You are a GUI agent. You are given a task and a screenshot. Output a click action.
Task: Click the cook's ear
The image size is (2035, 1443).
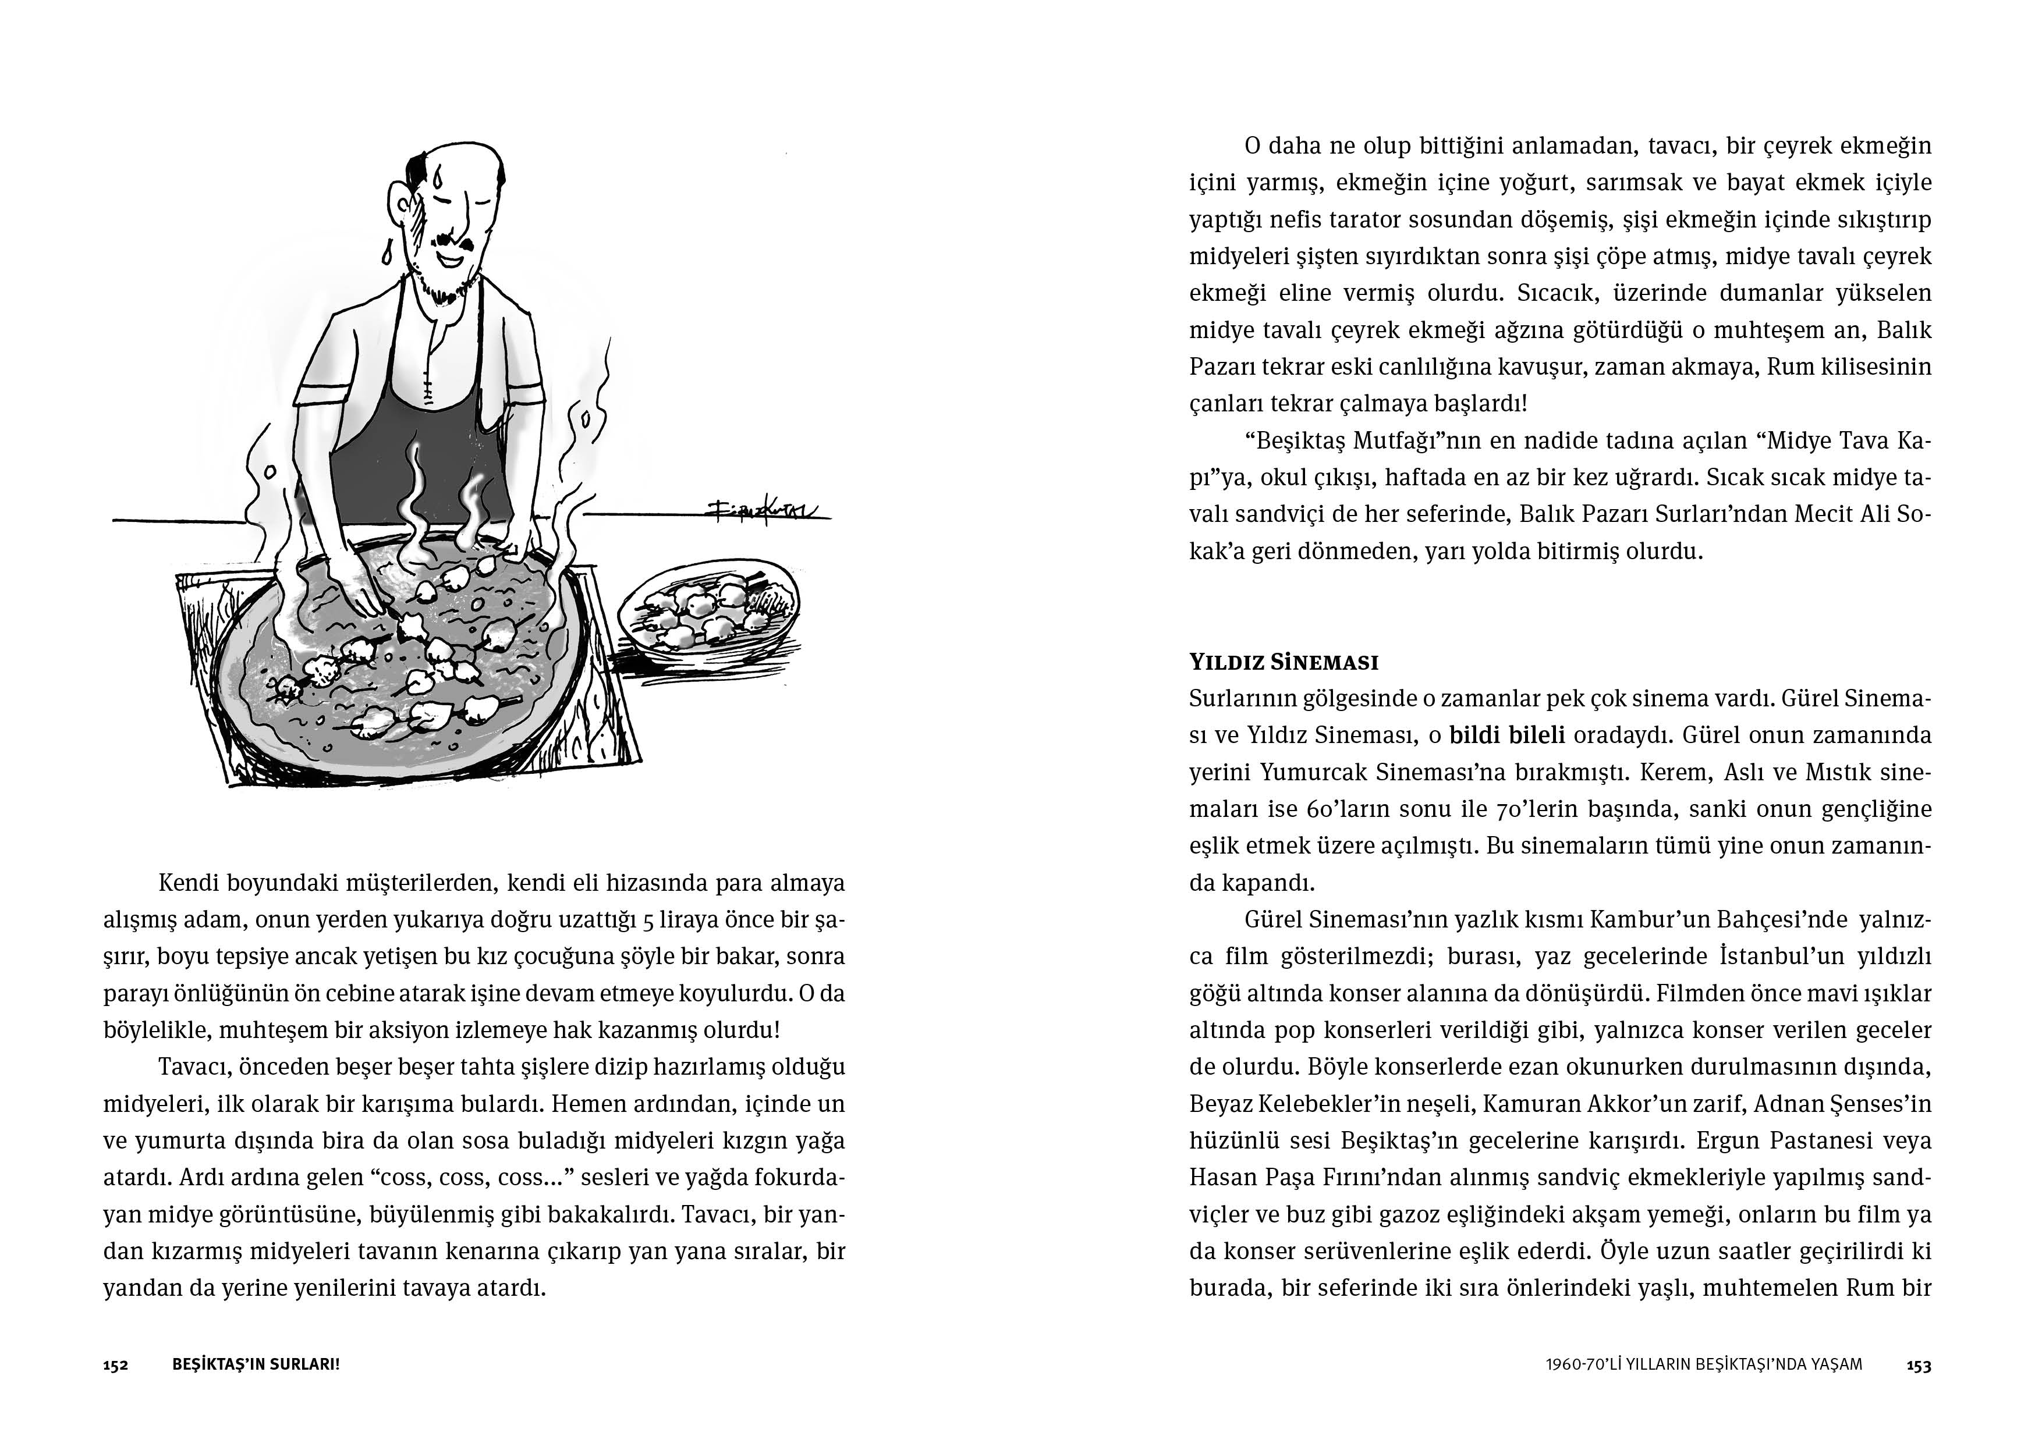(x=397, y=202)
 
